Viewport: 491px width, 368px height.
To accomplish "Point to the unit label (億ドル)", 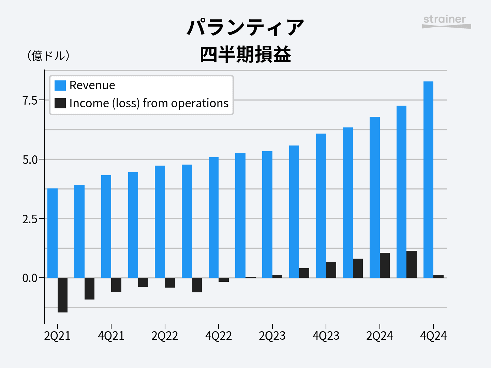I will (48, 56).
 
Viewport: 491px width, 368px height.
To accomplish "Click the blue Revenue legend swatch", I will (60, 85).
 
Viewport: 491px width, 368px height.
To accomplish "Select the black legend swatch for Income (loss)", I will (60, 103).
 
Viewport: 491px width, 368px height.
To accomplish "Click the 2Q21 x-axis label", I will (57, 336).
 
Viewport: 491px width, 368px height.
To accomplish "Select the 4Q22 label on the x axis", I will (219, 336).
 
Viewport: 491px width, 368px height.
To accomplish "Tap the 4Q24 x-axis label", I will (433, 336).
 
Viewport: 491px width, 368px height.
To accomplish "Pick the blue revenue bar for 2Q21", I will (53, 233).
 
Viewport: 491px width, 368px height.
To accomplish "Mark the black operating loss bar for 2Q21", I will (62, 295).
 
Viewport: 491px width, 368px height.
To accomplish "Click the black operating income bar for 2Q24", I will (385, 265).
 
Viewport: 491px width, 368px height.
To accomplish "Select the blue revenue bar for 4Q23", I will (321, 206).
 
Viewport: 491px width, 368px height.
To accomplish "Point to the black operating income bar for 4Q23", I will (331, 270).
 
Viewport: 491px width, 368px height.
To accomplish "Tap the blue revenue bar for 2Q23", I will (267, 215).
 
